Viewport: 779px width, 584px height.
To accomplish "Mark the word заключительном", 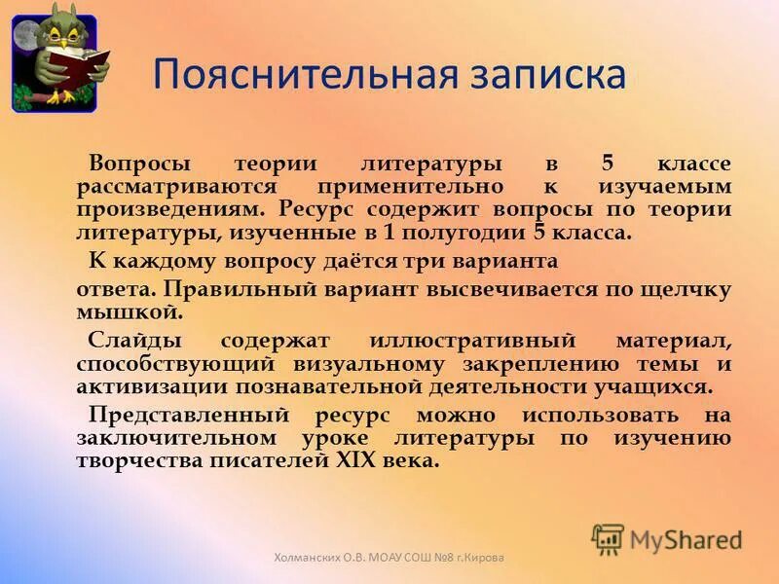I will coord(167,438).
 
